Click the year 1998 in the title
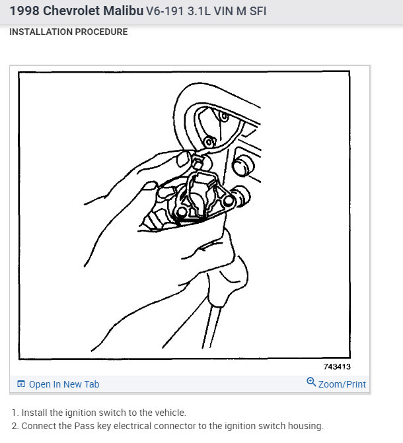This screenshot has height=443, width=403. click(x=24, y=11)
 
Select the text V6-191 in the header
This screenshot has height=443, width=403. click(x=165, y=11)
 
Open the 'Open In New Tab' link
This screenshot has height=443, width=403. click(x=64, y=384)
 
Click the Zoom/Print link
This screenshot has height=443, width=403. click(x=342, y=384)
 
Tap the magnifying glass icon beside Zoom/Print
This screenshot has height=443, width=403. click(x=311, y=382)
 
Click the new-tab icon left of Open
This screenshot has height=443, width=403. click(x=21, y=384)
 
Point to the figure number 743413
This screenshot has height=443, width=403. click(x=337, y=366)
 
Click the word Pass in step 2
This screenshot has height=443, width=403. click(x=84, y=426)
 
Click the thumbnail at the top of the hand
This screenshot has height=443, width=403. click(x=183, y=158)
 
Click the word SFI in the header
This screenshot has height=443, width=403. click(x=258, y=11)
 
